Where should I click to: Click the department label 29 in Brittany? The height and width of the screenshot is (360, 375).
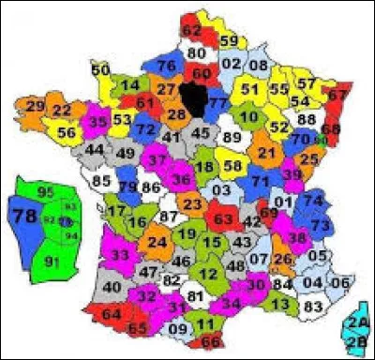click(35, 107)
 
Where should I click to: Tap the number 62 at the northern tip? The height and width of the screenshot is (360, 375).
click(191, 31)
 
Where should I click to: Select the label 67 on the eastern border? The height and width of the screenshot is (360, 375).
click(337, 95)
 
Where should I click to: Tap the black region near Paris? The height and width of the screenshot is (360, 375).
click(194, 95)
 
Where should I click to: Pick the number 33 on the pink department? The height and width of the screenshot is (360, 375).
click(120, 254)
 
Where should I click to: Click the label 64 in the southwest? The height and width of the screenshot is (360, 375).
click(111, 312)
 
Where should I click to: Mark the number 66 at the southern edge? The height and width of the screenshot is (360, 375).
click(212, 340)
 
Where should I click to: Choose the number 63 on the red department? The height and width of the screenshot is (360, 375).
click(224, 219)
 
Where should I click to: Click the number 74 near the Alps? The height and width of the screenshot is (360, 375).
click(314, 201)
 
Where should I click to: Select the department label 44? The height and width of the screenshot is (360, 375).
click(94, 149)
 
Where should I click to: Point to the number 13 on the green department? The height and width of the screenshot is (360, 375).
click(279, 304)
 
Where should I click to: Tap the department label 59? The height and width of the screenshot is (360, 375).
click(228, 41)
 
